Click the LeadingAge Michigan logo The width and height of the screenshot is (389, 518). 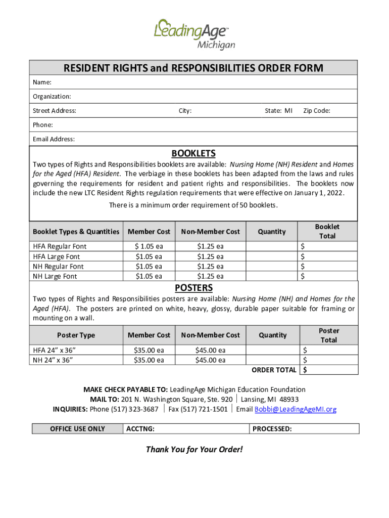tap(194, 33)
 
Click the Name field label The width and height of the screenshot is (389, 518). tap(42, 82)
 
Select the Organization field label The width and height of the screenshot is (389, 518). tap(52, 96)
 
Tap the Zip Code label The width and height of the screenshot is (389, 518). tap(317, 111)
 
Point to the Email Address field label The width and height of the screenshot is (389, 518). tap(54, 139)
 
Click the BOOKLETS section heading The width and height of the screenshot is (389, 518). tap(193, 153)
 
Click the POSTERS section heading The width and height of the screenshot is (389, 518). tap(193, 288)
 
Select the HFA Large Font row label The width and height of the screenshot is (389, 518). tap(57, 256)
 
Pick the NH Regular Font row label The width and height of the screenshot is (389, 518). tap(59, 266)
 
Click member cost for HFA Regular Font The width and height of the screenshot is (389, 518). tap(149, 246)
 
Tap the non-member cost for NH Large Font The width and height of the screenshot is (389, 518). tap(210, 276)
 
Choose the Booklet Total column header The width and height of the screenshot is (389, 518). tap(327, 231)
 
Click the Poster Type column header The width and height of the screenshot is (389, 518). tap(76, 335)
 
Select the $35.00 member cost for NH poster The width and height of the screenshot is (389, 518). tap(149, 360)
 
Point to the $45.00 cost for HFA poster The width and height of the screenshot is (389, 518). tap(210, 350)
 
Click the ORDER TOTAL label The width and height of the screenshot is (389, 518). tap(274, 370)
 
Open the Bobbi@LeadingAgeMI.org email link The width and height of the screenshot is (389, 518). tap(296, 409)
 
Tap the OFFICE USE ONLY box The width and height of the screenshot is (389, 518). tap(77, 429)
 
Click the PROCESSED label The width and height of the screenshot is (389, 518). tap(272, 429)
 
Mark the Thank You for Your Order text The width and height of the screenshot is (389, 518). tap(194, 449)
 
